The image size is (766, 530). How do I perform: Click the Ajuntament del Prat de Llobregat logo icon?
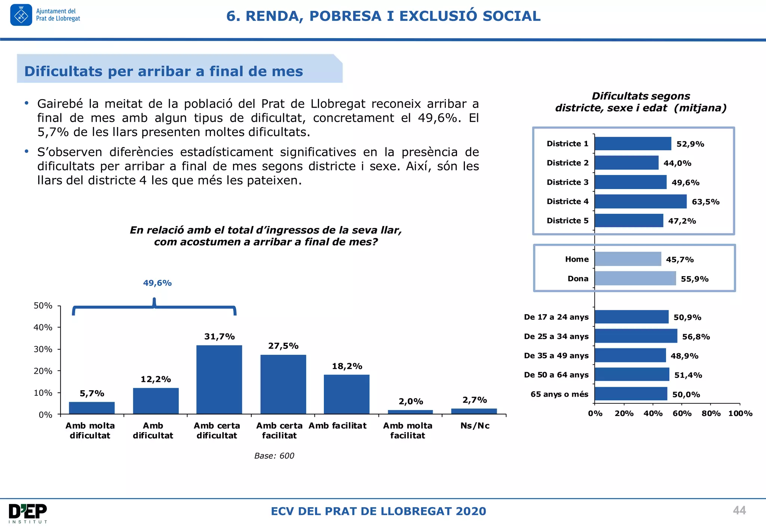point(21,15)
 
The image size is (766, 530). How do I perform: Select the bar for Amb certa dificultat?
point(219,379)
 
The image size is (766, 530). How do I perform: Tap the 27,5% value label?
point(283,346)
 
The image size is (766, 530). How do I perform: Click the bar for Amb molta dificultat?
point(92,408)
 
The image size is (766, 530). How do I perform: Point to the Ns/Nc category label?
point(475,426)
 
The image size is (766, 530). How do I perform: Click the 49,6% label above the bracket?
point(157,283)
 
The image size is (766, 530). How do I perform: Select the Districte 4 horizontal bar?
point(640,201)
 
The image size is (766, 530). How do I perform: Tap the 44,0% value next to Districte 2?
point(677,163)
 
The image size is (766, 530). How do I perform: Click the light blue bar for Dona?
point(635,278)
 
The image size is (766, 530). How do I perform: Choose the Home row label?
point(577,259)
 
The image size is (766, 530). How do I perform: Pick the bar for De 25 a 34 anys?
point(636,336)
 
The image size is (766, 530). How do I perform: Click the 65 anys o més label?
point(559,394)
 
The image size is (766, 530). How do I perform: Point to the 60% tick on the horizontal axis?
point(682,413)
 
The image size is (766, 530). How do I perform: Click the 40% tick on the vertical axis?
point(43,327)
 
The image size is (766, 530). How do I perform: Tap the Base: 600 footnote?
point(274,456)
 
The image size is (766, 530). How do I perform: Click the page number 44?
point(739,511)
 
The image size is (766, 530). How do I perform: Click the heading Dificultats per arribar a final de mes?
point(163,71)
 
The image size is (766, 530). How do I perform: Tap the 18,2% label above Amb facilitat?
point(347,366)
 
